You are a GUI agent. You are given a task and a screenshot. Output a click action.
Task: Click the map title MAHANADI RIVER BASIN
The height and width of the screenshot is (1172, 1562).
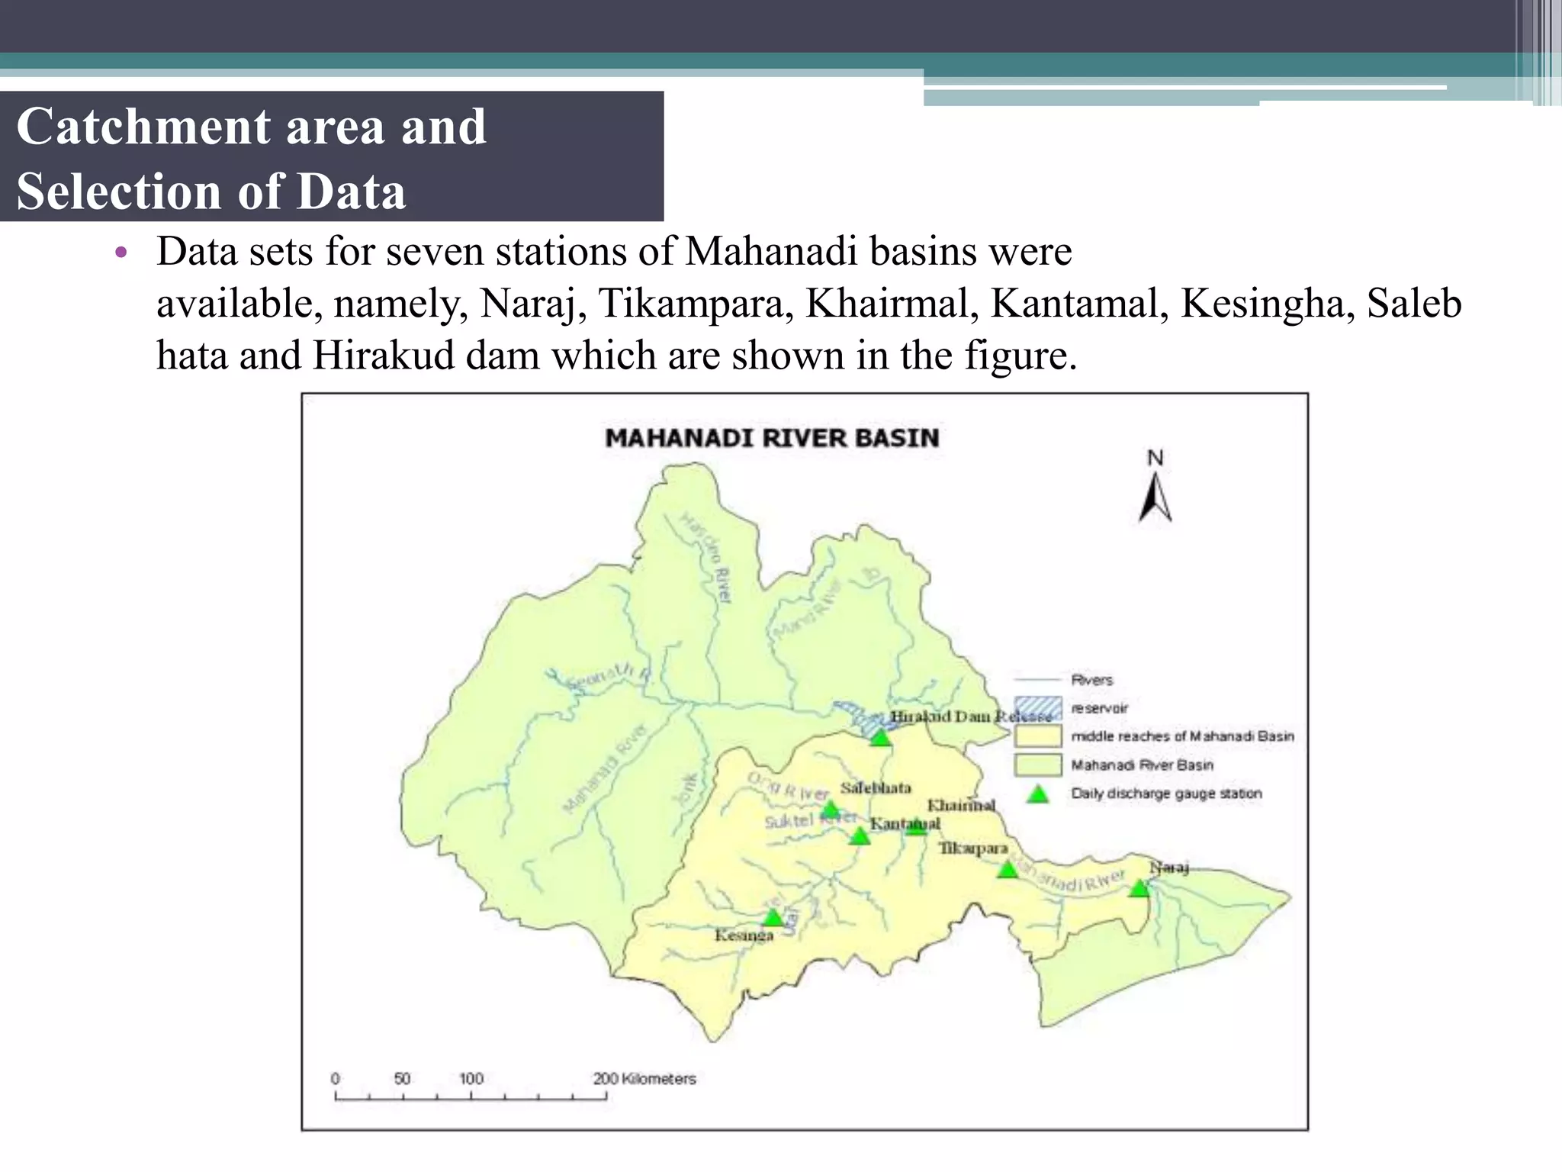pos(772,438)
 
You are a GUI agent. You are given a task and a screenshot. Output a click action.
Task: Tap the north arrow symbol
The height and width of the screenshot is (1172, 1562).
pos(1155,498)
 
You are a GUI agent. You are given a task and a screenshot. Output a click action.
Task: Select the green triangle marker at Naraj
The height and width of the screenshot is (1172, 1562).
pos(1139,888)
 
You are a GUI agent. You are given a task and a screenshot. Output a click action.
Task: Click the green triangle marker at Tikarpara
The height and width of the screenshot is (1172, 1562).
pos(1008,869)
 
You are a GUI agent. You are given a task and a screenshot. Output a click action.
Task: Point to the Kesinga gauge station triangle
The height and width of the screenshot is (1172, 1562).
pos(773,917)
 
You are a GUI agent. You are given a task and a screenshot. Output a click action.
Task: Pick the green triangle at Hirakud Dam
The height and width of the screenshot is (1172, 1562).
pos(881,738)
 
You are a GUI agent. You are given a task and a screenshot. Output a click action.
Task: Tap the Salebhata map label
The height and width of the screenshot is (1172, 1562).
pos(876,788)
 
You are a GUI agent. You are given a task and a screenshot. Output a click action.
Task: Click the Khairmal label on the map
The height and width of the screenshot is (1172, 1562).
pos(961,805)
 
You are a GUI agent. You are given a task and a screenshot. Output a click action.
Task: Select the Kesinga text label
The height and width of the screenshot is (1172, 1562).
pos(744,935)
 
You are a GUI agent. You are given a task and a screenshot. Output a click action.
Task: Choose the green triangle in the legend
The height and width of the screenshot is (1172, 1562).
pos(1037,794)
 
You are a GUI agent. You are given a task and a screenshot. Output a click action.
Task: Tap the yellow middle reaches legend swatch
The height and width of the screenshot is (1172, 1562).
pos(1037,736)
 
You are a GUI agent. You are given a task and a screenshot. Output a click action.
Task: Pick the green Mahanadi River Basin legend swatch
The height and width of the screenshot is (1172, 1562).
pos(1037,765)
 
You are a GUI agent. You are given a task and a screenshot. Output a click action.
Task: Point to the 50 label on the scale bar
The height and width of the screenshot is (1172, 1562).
pos(402,1079)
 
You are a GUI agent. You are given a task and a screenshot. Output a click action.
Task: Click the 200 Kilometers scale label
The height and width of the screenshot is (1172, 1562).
pos(644,1079)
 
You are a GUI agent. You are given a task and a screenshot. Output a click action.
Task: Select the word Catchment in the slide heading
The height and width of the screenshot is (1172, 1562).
pos(143,127)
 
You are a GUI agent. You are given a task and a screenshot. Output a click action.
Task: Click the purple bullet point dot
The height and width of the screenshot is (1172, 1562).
pos(120,253)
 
